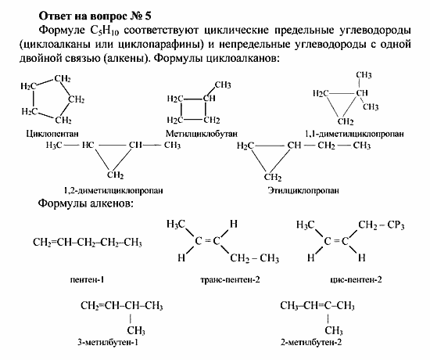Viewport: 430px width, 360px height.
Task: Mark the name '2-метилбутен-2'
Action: coord(316,342)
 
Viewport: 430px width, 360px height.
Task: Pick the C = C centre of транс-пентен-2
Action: coord(206,241)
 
